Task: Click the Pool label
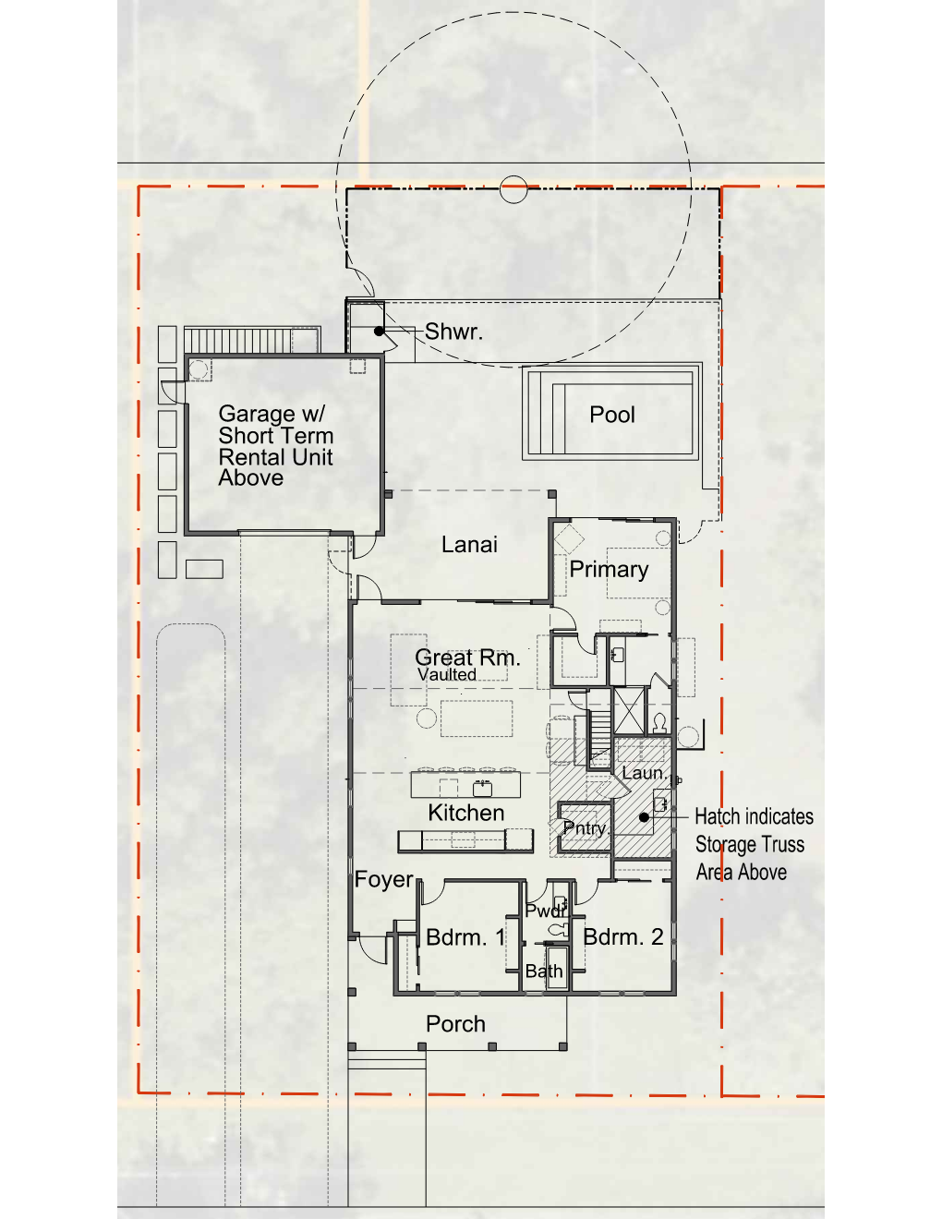pyautogui.click(x=611, y=415)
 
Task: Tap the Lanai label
pyautogui.click(x=469, y=544)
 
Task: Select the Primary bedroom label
pyautogui.click(x=609, y=570)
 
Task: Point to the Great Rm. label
pyautogui.click(x=467, y=657)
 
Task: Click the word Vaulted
pyautogui.click(x=447, y=674)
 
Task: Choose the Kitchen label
pyautogui.click(x=465, y=813)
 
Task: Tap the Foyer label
pyautogui.click(x=384, y=879)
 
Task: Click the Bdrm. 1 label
pyautogui.click(x=465, y=936)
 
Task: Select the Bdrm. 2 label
pyautogui.click(x=622, y=936)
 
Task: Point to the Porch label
pyautogui.click(x=455, y=1024)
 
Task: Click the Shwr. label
pyautogui.click(x=453, y=332)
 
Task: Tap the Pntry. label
pyautogui.click(x=586, y=828)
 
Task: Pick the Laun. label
pyautogui.click(x=644, y=773)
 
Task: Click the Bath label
pyautogui.click(x=544, y=972)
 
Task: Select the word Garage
pyautogui.click(x=256, y=415)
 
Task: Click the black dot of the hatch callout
pyautogui.click(x=644, y=817)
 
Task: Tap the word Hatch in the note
pyautogui.click(x=719, y=816)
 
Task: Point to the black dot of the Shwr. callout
pyautogui.click(x=380, y=331)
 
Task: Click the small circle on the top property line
pyautogui.click(x=513, y=189)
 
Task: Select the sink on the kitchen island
pyautogui.click(x=482, y=788)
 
